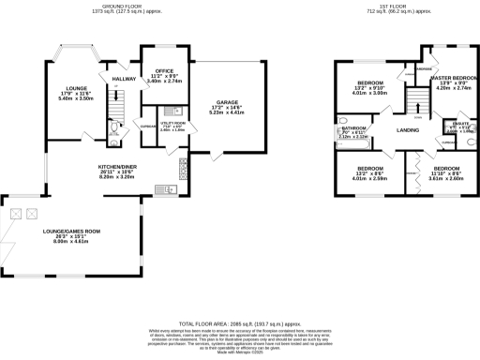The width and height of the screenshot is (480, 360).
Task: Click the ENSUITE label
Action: point(452,123)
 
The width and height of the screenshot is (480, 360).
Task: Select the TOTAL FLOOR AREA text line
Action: point(240,321)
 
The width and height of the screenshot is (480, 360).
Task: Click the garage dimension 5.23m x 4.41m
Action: point(229,113)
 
